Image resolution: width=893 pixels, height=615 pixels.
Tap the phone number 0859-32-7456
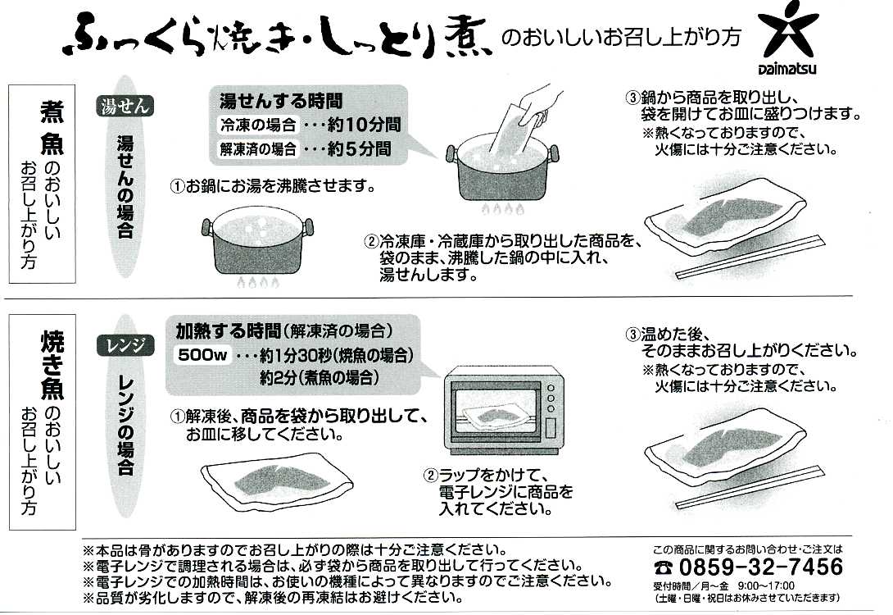(761, 567)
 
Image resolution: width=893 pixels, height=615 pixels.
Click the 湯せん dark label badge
(125, 107)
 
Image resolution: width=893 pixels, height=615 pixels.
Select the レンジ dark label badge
(125, 346)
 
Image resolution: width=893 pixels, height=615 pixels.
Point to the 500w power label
(202, 355)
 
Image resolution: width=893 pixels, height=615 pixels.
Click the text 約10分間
(365, 125)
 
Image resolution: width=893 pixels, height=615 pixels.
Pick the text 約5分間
(360, 148)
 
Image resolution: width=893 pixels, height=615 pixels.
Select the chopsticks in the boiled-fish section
(750, 257)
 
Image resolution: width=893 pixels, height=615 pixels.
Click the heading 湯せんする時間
(281, 101)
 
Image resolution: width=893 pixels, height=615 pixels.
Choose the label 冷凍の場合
(259, 125)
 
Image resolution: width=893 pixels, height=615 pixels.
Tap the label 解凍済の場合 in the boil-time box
(259, 149)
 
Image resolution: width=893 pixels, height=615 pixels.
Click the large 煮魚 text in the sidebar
(52, 128)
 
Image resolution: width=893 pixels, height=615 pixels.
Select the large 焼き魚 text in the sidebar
(52, 365)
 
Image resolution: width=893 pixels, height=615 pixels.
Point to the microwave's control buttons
(551, 398)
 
